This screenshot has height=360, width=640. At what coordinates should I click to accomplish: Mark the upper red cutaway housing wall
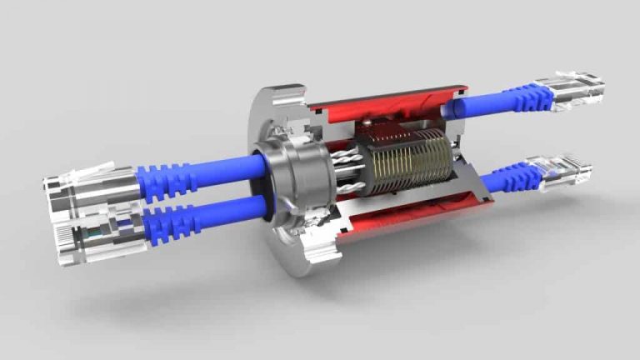[x=383, y=105]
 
